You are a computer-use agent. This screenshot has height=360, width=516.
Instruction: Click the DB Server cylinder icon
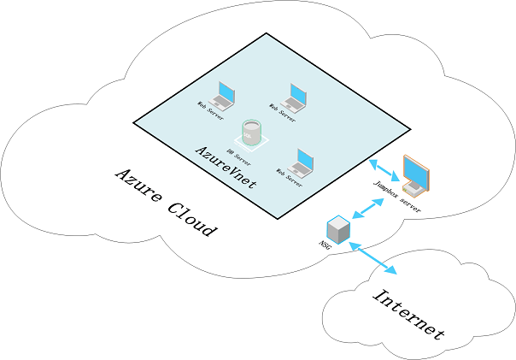249,133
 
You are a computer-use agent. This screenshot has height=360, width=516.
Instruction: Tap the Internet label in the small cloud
410,315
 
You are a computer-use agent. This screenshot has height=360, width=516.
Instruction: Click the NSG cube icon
338,229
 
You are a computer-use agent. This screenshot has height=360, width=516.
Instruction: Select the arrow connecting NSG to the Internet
373,258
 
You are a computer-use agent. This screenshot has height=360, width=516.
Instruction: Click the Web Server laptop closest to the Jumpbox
302,162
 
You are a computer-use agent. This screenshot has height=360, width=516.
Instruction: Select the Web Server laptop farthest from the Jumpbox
225,95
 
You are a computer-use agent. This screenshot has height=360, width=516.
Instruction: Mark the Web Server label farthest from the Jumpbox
210,110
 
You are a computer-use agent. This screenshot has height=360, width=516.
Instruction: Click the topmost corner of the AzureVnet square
267,33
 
